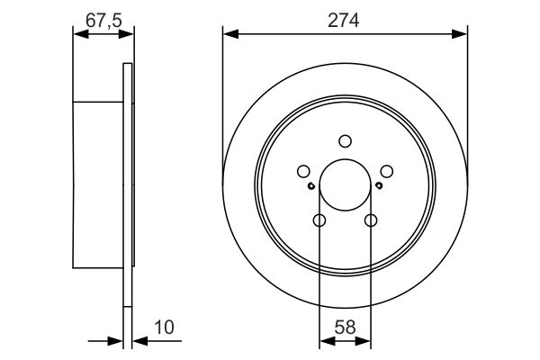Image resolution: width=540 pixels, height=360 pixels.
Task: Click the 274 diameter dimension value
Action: (x=346, y=20)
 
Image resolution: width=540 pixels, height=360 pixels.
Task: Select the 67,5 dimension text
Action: (x=103, y=20)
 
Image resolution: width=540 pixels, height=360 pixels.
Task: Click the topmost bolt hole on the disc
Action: (x=346, y=140)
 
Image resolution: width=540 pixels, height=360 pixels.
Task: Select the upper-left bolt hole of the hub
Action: (x=303, y=171)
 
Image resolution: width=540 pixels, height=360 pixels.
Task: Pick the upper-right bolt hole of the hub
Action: (x=387, y=171)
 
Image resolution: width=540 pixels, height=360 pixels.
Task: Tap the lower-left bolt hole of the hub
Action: (x=319, y=220)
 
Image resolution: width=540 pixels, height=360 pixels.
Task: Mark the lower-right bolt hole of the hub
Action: (x=371, y=220)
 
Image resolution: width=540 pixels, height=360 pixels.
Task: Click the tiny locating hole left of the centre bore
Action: (x=310, y=186)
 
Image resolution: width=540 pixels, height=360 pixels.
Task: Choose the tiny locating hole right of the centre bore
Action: (x=380, y=186)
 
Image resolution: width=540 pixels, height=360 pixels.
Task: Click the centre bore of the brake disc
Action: (x=346, y=184)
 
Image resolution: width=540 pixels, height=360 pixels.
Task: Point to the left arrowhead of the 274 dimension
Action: (x=229, y=34)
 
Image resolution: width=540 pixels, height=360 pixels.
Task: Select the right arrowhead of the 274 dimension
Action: (x=462, y=34)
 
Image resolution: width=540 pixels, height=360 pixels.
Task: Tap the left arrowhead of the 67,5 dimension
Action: (x=78, y=34)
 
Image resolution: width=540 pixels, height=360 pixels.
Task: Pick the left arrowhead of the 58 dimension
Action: (x=325, y=340)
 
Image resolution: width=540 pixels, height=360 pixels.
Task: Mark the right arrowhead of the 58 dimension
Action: (x=365, y=340)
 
